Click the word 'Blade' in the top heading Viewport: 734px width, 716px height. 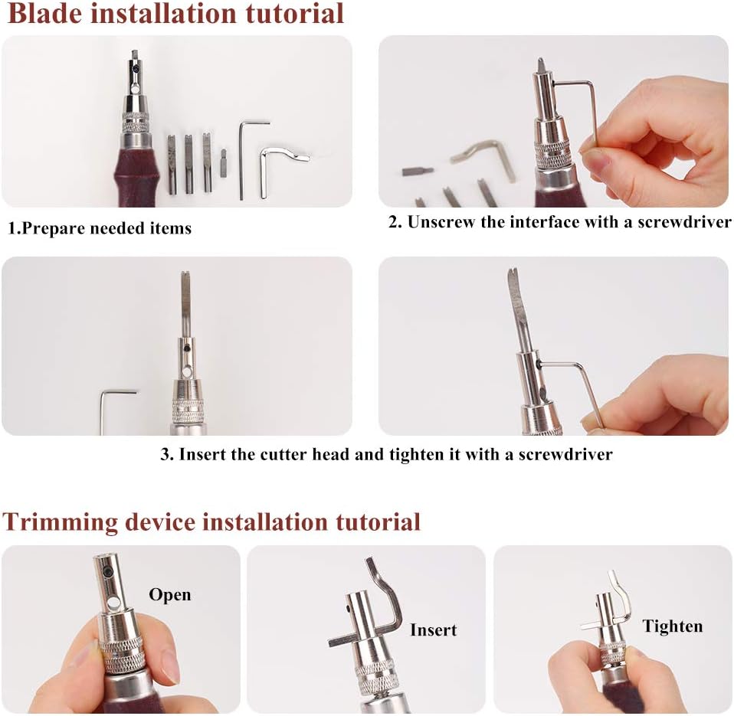(45, 13)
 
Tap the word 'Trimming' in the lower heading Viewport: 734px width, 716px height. (60, 522)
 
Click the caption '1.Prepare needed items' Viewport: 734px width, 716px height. (100, 228)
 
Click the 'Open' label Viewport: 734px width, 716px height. (170, 595)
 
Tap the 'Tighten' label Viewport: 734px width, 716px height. (672, 627)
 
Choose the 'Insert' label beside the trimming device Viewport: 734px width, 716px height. (433, 630)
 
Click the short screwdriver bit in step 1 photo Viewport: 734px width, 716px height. (223, 162)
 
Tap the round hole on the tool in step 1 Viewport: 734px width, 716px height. (135, 87)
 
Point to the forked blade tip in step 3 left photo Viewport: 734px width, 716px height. (185, 276)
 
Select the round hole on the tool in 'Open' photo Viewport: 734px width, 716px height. (113, 605)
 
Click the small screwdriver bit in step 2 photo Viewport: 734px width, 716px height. (417, 172)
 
